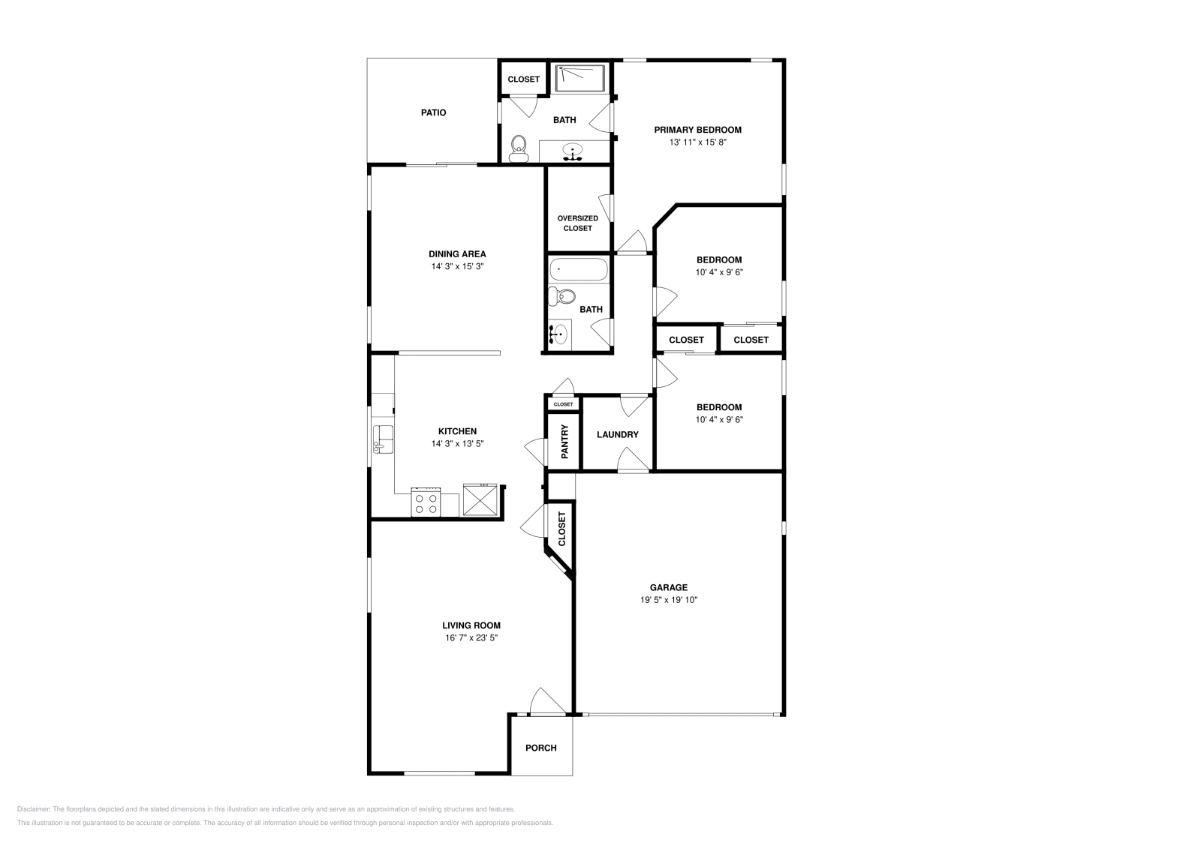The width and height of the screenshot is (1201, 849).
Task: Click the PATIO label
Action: (x=433, y=112)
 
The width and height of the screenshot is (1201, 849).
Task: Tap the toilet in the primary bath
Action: (x=518, y=148)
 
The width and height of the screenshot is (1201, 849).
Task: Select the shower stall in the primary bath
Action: (x=580, y=78)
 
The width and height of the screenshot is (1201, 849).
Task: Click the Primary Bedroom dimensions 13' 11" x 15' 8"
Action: (x=697, y=142)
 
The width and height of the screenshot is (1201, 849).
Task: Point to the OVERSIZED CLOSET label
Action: (x=577, y=223)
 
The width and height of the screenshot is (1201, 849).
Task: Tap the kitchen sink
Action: (x=383, y=438)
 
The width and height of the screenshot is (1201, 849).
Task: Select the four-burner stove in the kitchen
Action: (x=426, y=502)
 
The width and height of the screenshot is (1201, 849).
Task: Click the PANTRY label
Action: (x=564, y=442)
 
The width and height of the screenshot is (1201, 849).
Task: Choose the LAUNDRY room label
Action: (x=617, y=435)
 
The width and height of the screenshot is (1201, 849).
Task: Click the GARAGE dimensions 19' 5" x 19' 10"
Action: (x=669, y=600)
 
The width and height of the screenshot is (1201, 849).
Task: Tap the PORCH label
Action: (x=540, y=748)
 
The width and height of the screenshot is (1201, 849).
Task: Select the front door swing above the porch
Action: (x=546, y=701)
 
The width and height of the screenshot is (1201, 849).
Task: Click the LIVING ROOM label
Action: (x=471, y=625)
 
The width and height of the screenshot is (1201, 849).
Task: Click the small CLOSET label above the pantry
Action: (x=563, y=404)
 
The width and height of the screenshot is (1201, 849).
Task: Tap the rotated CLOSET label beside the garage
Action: (x=561, y=529)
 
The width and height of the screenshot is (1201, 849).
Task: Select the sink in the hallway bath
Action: (x=558, y=334)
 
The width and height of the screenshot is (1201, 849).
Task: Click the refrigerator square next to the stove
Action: (x=480, y=499)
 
